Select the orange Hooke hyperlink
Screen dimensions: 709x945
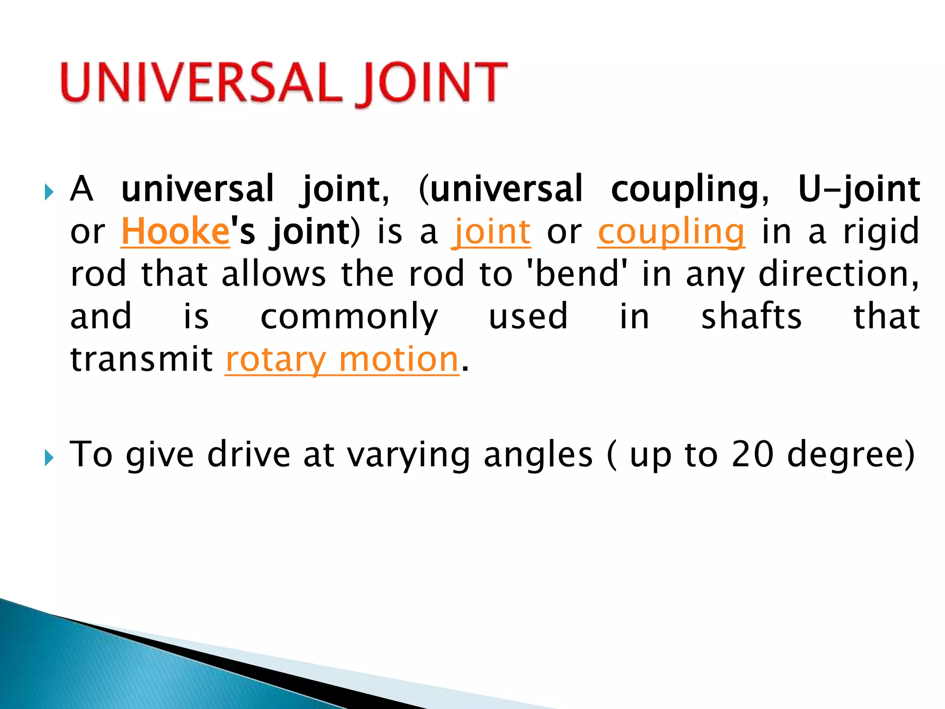coord(175,231)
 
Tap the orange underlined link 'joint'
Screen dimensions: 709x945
coord(491,231)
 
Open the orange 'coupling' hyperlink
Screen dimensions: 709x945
coord(671,231)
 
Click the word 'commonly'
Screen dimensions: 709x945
coord(349,317)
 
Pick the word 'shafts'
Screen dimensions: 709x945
coord(752,317)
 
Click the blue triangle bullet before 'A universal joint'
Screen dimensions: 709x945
coord(49,192)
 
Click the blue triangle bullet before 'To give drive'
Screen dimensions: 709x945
coord(49,458)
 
